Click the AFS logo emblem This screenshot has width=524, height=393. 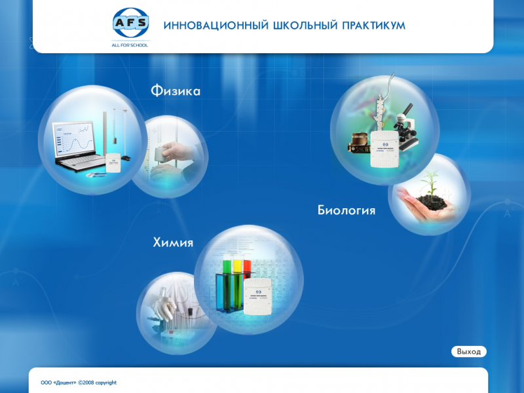pos(130,23)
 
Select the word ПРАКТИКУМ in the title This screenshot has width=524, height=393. pos(373,26)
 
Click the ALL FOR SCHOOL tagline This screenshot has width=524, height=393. pos(130,45)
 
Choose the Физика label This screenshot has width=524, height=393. pos(176,90)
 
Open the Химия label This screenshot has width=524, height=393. pos(173,242)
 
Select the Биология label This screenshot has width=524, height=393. pos(346,210)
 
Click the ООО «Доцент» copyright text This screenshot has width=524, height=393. pos(79,383)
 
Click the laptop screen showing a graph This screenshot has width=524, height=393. pos(73,139)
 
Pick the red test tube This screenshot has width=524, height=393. pos(247,270)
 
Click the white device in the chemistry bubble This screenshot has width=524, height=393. pos(257,297)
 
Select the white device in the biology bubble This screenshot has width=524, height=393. pos(384,149)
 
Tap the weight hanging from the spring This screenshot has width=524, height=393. pos(115,140)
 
